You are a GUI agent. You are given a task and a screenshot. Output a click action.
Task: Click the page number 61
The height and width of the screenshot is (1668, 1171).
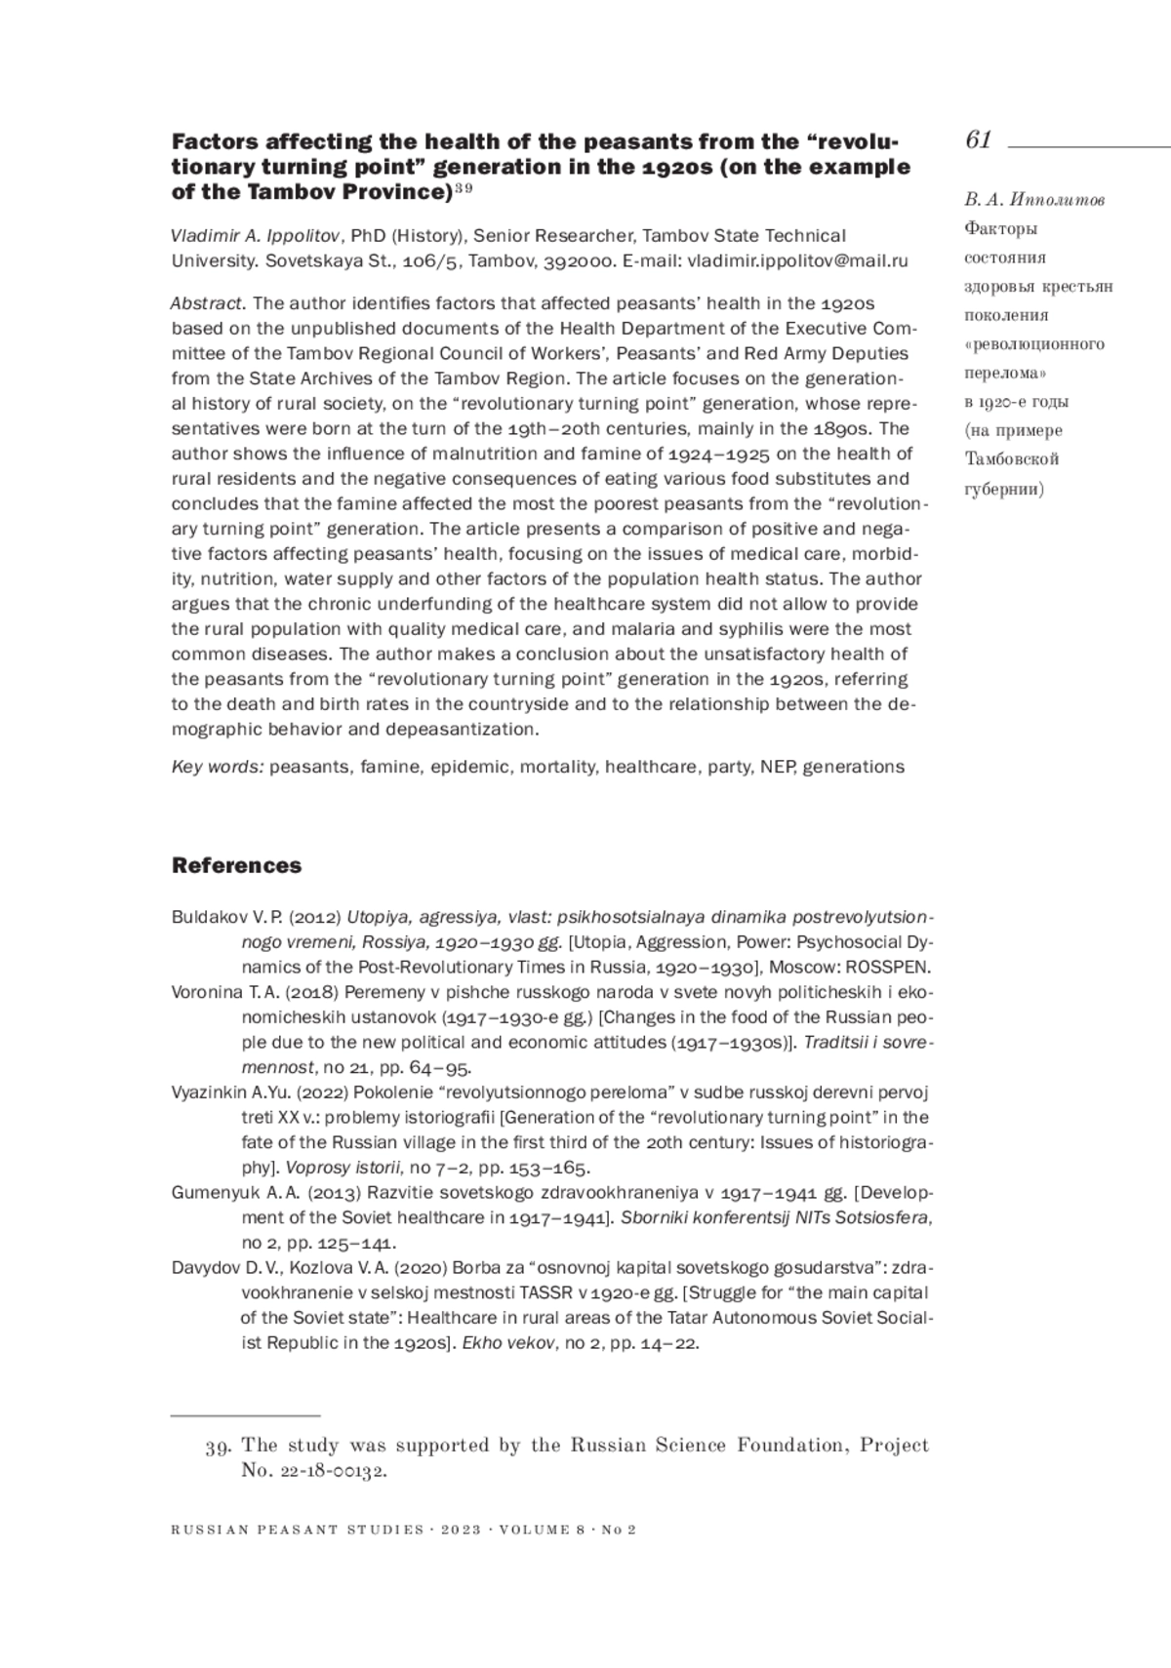pos(978,140)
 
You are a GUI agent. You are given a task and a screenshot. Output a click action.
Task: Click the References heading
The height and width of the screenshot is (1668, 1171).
pos(236,865)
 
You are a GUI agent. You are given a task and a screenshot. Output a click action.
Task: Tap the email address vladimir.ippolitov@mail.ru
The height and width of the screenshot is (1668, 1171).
pos(797,260)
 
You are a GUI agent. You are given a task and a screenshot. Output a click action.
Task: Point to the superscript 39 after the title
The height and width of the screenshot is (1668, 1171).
pos(464,188)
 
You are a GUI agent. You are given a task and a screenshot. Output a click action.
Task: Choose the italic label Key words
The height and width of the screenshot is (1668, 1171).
pos(217,767)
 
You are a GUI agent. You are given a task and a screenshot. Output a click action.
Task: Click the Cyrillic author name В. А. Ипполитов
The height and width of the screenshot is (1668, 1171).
pos(1034,200)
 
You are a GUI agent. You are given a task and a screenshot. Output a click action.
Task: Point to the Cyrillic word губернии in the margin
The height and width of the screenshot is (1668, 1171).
pos(1004,489)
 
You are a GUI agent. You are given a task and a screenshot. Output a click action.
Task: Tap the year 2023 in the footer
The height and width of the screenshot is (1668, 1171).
pos(461,1529)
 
